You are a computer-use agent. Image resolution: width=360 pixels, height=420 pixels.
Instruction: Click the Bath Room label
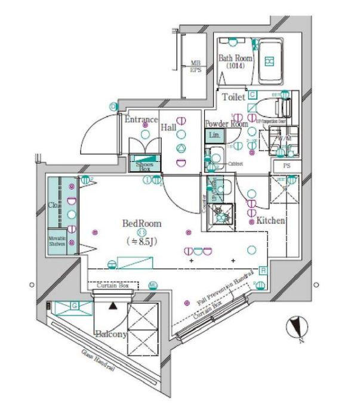click(235, 58)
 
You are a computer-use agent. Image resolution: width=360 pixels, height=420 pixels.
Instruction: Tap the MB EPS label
click(195, 66)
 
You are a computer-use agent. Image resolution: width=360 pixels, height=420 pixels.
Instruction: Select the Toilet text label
click(233, 97)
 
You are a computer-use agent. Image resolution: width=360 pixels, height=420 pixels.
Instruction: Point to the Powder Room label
click(226, 124)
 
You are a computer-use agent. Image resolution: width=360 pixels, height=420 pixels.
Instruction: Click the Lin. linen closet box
click(214, 136)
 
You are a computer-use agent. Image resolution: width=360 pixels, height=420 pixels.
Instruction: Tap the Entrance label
click(141, 119)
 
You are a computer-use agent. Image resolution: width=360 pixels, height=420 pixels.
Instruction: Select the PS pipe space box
click(287, 166)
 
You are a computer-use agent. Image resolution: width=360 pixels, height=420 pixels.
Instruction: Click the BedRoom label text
click(141, 224)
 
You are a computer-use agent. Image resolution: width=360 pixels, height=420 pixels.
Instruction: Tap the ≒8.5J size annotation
click(142, 242)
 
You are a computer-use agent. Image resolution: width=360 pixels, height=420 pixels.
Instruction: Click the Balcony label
click(110, 335)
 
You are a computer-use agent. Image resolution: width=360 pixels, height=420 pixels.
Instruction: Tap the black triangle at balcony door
click(113, 305)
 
